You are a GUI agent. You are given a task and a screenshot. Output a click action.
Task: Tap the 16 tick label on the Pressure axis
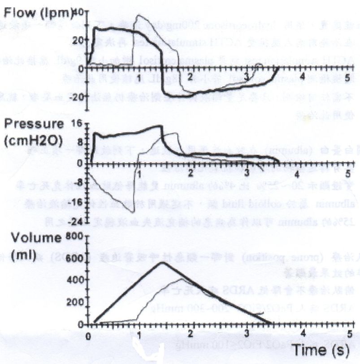tap(78, 123)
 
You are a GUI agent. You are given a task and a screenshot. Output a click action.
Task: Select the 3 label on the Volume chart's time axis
tap(247, 334)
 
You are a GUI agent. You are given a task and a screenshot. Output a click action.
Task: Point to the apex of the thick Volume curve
tap(162, 262)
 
